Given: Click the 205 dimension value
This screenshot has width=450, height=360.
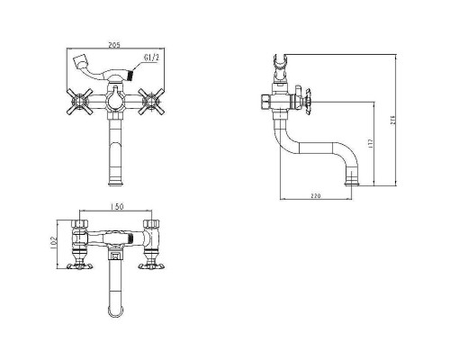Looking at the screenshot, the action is tap(114, 45).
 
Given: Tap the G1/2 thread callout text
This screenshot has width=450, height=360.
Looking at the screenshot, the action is tap(151, 58).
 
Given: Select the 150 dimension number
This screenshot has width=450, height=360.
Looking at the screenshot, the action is tap(117, 207).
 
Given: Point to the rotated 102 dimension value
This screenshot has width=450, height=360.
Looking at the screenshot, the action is tap(54, 244).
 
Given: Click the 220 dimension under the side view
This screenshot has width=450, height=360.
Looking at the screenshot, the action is tap(316, 196).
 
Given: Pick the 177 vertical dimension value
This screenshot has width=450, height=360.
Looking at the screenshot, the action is tap(370, 144).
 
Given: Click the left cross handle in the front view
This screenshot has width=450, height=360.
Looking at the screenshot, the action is tap(78, 102).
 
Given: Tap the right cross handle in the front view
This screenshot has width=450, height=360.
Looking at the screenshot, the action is tap(151, 102).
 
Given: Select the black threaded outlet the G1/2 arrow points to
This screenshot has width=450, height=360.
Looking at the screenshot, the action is tap(130, 75).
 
